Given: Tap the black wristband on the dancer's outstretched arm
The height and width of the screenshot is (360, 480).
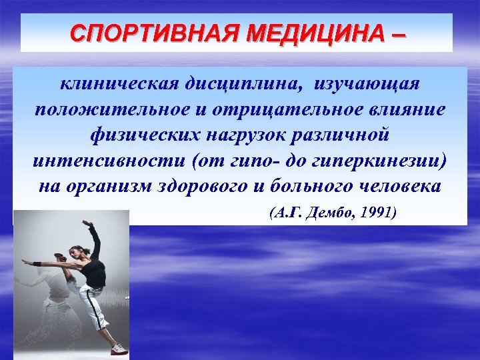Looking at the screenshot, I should pos(37,263).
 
